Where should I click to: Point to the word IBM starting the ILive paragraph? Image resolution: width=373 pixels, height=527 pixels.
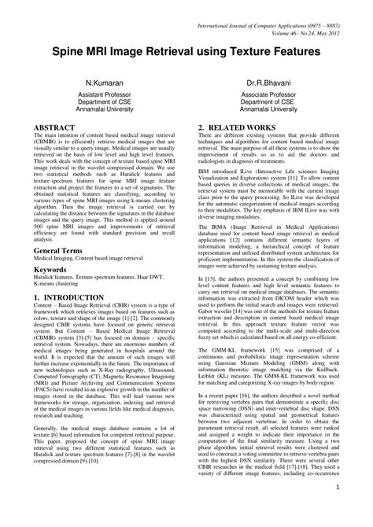tap(204, 168)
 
